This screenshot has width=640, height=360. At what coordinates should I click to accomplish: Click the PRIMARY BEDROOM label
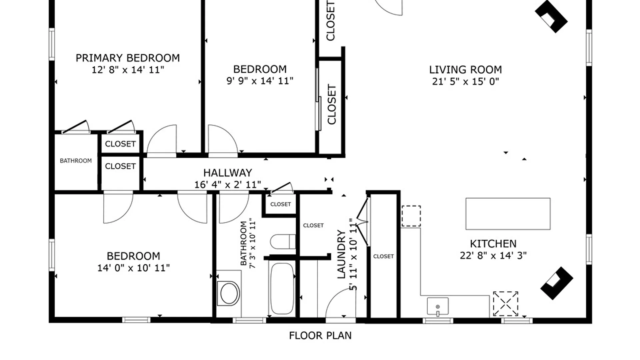[128, 58]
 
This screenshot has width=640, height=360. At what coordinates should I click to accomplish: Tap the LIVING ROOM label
[465, 70]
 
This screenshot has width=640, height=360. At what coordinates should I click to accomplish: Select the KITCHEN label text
[493, 244]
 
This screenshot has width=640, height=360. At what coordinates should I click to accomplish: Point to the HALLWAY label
[228, 173]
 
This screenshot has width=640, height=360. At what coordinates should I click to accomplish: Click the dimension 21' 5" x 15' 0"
[465, 81]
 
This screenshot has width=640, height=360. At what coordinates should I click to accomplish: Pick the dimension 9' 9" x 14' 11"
[260, 81]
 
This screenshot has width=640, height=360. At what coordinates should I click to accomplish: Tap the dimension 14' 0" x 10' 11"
[133, 268]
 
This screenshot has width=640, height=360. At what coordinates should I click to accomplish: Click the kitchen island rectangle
[508, 214]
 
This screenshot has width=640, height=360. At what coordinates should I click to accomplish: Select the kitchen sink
[438, 306]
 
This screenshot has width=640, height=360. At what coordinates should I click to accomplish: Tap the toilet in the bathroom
[283, 242]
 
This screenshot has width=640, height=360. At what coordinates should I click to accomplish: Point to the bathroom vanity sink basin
[229, 294]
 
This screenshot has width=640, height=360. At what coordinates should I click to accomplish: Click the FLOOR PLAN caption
[320, 335]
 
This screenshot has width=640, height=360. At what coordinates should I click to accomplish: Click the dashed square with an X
[506, 303]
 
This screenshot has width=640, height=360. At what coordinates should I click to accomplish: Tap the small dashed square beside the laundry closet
[411, 216]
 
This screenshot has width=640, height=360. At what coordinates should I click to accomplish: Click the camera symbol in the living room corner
[551, 16]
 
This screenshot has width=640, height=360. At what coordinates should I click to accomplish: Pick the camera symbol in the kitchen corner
[557, 283]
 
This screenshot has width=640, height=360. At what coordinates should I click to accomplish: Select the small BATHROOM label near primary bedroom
[76, 161]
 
